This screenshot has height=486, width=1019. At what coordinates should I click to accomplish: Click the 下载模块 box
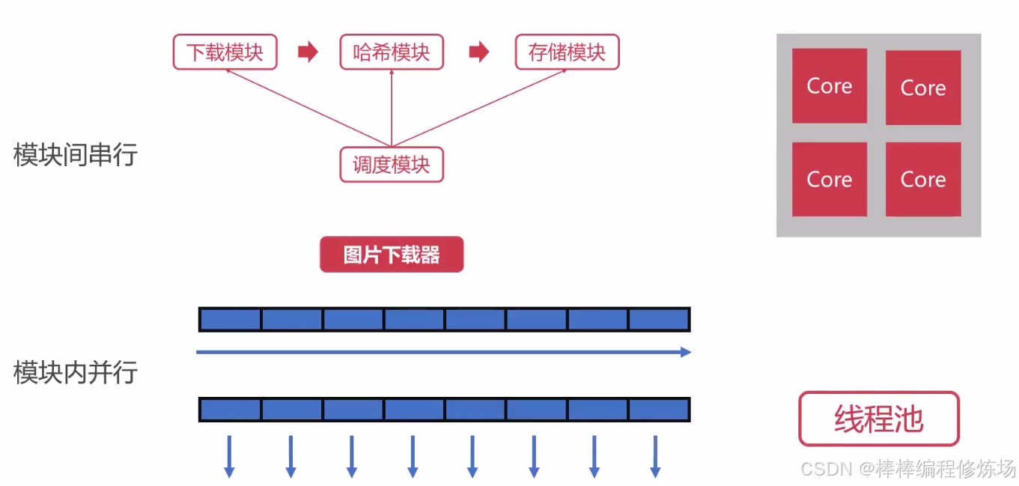(x=225, y=52)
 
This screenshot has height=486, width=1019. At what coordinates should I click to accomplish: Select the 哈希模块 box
(x=392, y=52)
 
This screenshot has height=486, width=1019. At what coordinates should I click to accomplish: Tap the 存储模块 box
(x=567, y=52)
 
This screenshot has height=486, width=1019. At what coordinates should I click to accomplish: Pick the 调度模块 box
(x=392, y=165)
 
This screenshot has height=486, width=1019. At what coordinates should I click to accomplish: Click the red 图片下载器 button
(x=392, y=255)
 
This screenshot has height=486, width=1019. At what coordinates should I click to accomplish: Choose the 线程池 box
(x=878, y=419)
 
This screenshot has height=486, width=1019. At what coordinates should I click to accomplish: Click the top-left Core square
(x=830, y=85)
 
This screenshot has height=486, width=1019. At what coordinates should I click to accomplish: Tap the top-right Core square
(x=923, y=88)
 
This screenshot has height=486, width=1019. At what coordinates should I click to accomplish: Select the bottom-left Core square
(x=830, y=179)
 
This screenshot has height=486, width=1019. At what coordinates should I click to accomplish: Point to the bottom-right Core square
(x=923, y=179)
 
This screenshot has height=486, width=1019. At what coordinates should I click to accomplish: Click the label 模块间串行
(x=76, y=154)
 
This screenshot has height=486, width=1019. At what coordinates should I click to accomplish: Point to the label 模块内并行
(x=76, y=372)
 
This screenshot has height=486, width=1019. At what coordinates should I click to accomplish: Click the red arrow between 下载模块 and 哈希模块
(x=308, y=52)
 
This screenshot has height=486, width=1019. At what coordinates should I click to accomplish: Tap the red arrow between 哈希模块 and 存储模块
(x=479, y=52)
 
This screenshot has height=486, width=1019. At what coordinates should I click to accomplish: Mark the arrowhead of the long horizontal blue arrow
(x=685, y=352)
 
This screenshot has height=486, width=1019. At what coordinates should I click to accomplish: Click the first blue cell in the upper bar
(x=231, y=319)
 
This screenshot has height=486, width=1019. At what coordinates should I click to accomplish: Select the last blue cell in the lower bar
(x=658, y=410)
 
